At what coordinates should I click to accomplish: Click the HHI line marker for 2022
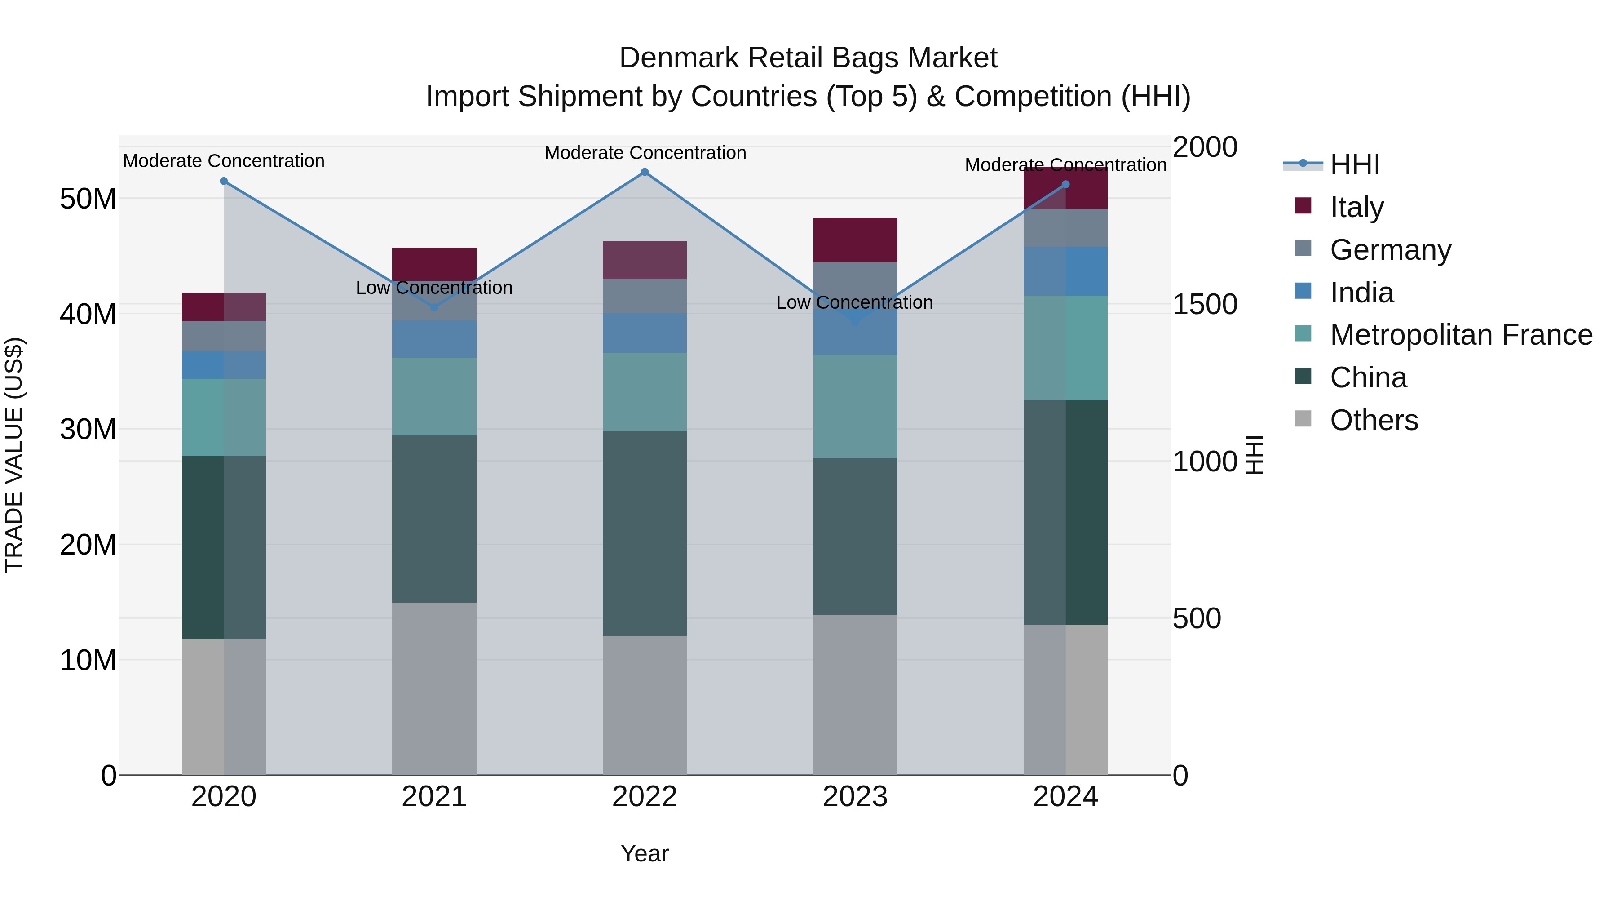[645, 172]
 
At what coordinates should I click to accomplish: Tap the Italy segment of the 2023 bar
[855, 240]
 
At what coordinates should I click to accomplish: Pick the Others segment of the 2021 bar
[434, 688]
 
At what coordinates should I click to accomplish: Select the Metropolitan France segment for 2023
[855, 406]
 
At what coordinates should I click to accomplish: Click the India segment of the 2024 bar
[1065, 271]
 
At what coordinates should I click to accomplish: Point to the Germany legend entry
[1390, 250]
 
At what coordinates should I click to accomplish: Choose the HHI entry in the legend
[1355, 164]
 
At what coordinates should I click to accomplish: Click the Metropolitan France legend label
[1461, 335]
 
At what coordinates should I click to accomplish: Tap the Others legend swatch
[1303, 419]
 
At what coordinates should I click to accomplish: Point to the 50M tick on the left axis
[88, 199]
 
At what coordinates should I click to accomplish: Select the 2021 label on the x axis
[434, 797]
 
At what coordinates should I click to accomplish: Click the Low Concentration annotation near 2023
[854, 303]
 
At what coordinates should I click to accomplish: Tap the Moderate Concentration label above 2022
[645, 153]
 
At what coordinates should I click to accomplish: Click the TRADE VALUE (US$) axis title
[14, 455]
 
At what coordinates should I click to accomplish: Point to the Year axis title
[645, 853]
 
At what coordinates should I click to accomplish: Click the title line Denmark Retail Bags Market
[808, 58]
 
